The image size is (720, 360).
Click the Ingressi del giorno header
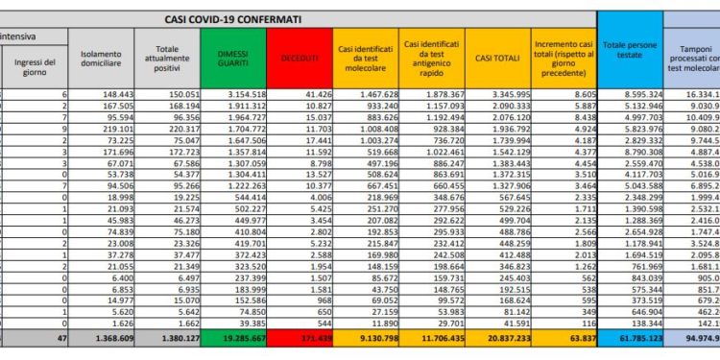point(36,65)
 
